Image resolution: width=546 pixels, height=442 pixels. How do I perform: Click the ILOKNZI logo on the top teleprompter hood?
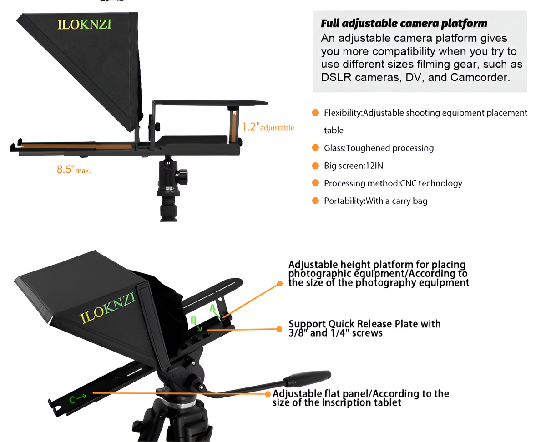click(84, 24)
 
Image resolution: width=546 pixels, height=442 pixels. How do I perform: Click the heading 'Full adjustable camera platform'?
click(404, 23)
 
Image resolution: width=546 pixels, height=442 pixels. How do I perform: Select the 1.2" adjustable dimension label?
click(268, 127)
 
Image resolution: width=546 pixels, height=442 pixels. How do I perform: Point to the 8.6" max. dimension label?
click(74, 170)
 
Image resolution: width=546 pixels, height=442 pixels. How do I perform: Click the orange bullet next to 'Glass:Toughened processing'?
click(315, 148)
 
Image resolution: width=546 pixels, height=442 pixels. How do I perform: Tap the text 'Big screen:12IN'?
click(350, 166)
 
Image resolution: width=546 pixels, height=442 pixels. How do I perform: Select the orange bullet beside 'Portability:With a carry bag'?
click(315, 201)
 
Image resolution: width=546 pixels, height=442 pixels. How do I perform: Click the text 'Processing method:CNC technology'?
click(393, 183)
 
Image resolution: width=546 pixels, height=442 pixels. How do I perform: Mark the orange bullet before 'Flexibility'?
click(315, 112)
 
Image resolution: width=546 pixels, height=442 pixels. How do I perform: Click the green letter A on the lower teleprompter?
click(212, 308)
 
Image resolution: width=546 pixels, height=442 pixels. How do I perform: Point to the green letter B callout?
click(193, 320)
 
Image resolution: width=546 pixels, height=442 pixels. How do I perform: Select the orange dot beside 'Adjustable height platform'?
click(280, 283)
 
